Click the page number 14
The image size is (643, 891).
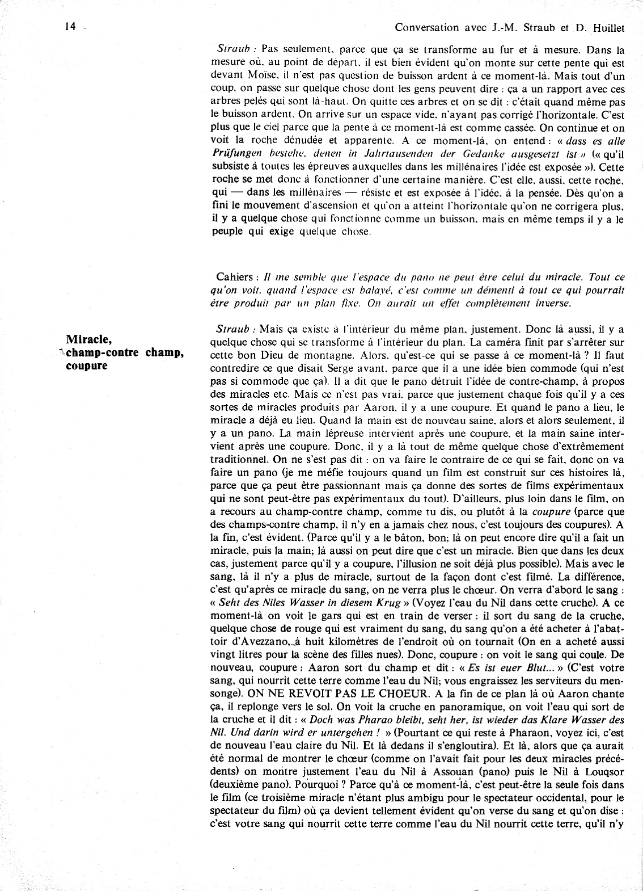click(x=70, y=26)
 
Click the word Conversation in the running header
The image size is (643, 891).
click(x=426, y=27)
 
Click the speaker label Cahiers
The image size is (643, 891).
click(x=234, y=277)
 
